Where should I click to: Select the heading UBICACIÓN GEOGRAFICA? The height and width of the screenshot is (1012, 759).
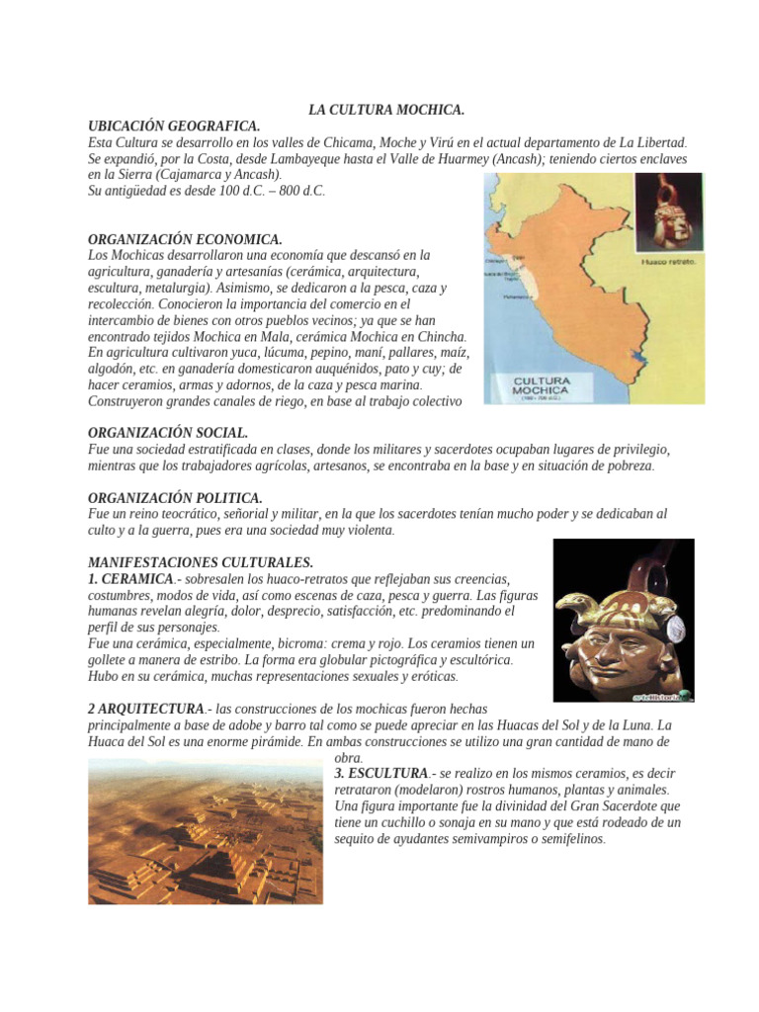pyautogui.click(x=174, y=126)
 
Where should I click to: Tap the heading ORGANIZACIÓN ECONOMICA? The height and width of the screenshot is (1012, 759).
pyautogui.click(x=185, y=239)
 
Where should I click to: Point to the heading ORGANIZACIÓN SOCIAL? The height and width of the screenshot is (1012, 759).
pyautogui.click(x=168, y=433)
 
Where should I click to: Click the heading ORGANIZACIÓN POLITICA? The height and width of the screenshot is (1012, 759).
pyautogui.click(x=175, y=498)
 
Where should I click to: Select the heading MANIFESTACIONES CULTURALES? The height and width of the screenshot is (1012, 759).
pyautogui.click(x=201, y=562)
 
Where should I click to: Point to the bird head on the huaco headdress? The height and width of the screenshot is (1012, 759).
pyautogui.click(x=571, y=604)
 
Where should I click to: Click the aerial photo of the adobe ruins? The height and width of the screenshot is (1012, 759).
pyautogui.click(x=206, y=830)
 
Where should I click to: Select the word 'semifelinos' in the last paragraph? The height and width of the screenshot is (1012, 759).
pyautogui.click(x=565, y=839)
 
